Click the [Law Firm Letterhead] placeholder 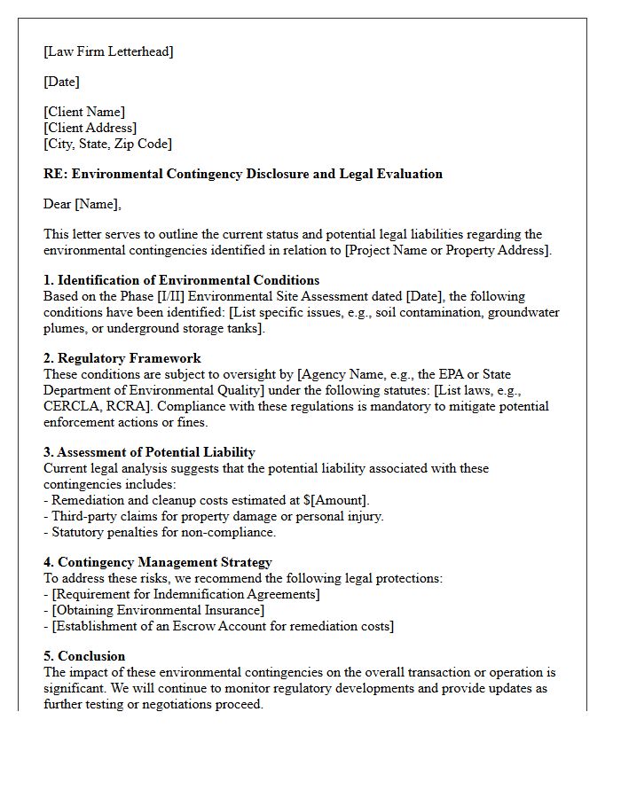[108, 51]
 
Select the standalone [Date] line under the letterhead [61, 82]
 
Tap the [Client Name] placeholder [84, 112]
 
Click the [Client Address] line [90, 128]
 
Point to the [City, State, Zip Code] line [107, 144]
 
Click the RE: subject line [242, 174]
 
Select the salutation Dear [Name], [83, 204]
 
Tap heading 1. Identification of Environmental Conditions [181, 280]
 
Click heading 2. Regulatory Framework [122, 358]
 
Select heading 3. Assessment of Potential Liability [149, 452]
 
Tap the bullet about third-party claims [213, 516]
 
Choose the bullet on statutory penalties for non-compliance [160, 532]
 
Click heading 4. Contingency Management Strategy [157, 562]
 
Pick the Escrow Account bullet [218, 626]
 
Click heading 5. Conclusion [84, 656]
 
